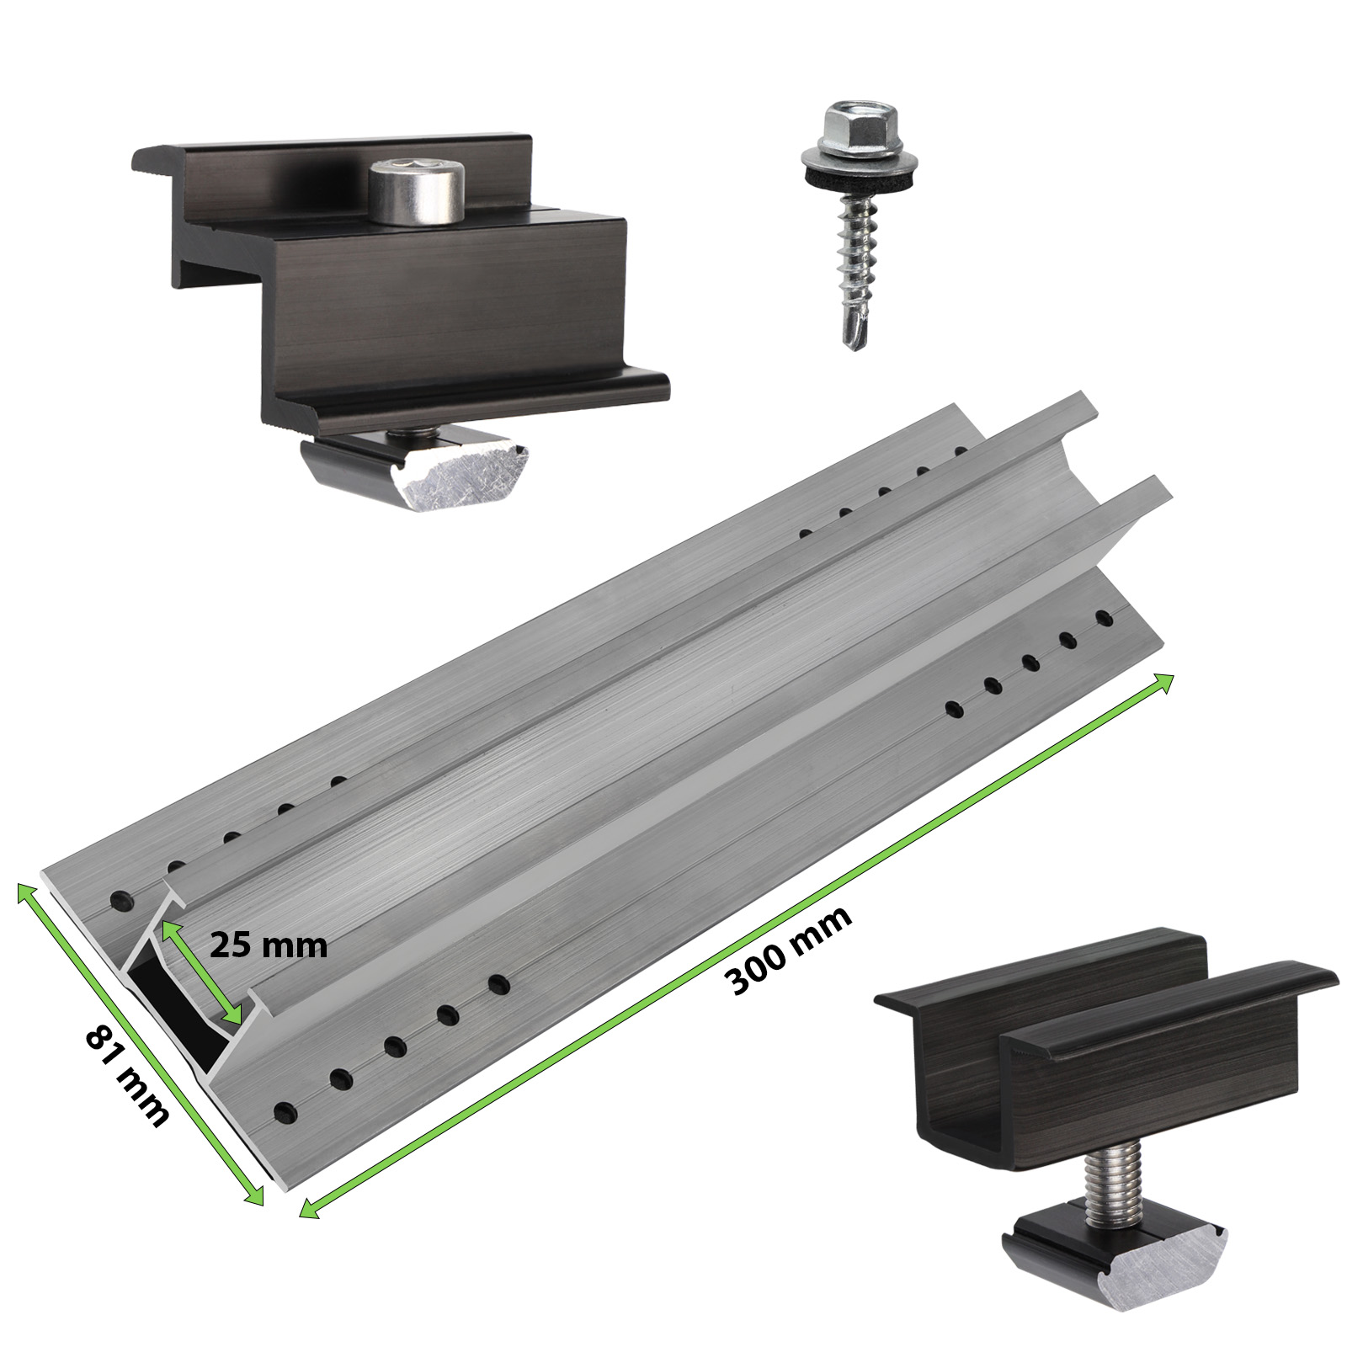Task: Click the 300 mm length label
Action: point(789,950)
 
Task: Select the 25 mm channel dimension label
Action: point(268,945)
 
